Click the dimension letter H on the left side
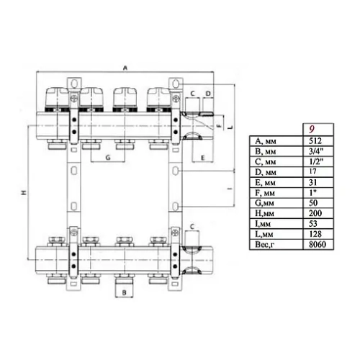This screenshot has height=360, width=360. [24, 192]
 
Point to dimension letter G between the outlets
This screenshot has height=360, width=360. [107, 156]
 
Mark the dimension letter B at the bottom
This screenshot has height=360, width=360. [123, 294]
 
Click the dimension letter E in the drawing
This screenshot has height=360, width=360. [204, 157]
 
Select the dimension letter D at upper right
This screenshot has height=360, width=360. [208, 94]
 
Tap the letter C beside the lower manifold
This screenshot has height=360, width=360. [192, 227]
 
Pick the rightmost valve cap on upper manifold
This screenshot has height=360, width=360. [158, 94]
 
